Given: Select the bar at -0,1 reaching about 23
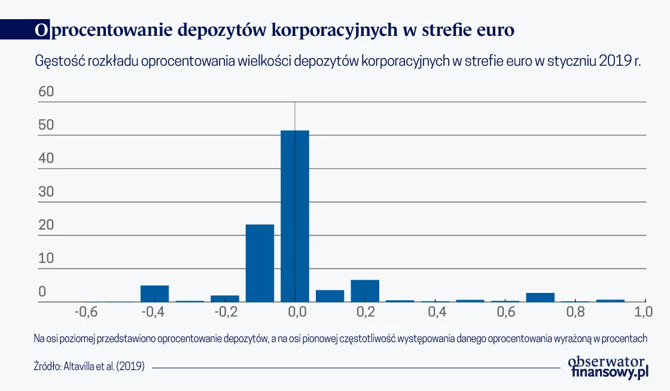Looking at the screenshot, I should coord(260,263).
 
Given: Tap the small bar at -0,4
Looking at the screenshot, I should coord(154,294).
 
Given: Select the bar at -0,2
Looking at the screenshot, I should coord(224,298).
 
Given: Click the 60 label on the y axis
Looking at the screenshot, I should coord(46,92).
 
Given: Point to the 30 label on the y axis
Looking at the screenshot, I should coord(46,192).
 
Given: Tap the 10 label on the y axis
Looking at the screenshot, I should coord(46,259).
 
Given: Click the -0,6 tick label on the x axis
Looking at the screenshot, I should coord(85,312).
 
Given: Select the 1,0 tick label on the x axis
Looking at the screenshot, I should coord(644,312).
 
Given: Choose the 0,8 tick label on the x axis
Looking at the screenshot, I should coord(575,312).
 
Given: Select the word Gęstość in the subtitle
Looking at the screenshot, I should coord(59,62).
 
